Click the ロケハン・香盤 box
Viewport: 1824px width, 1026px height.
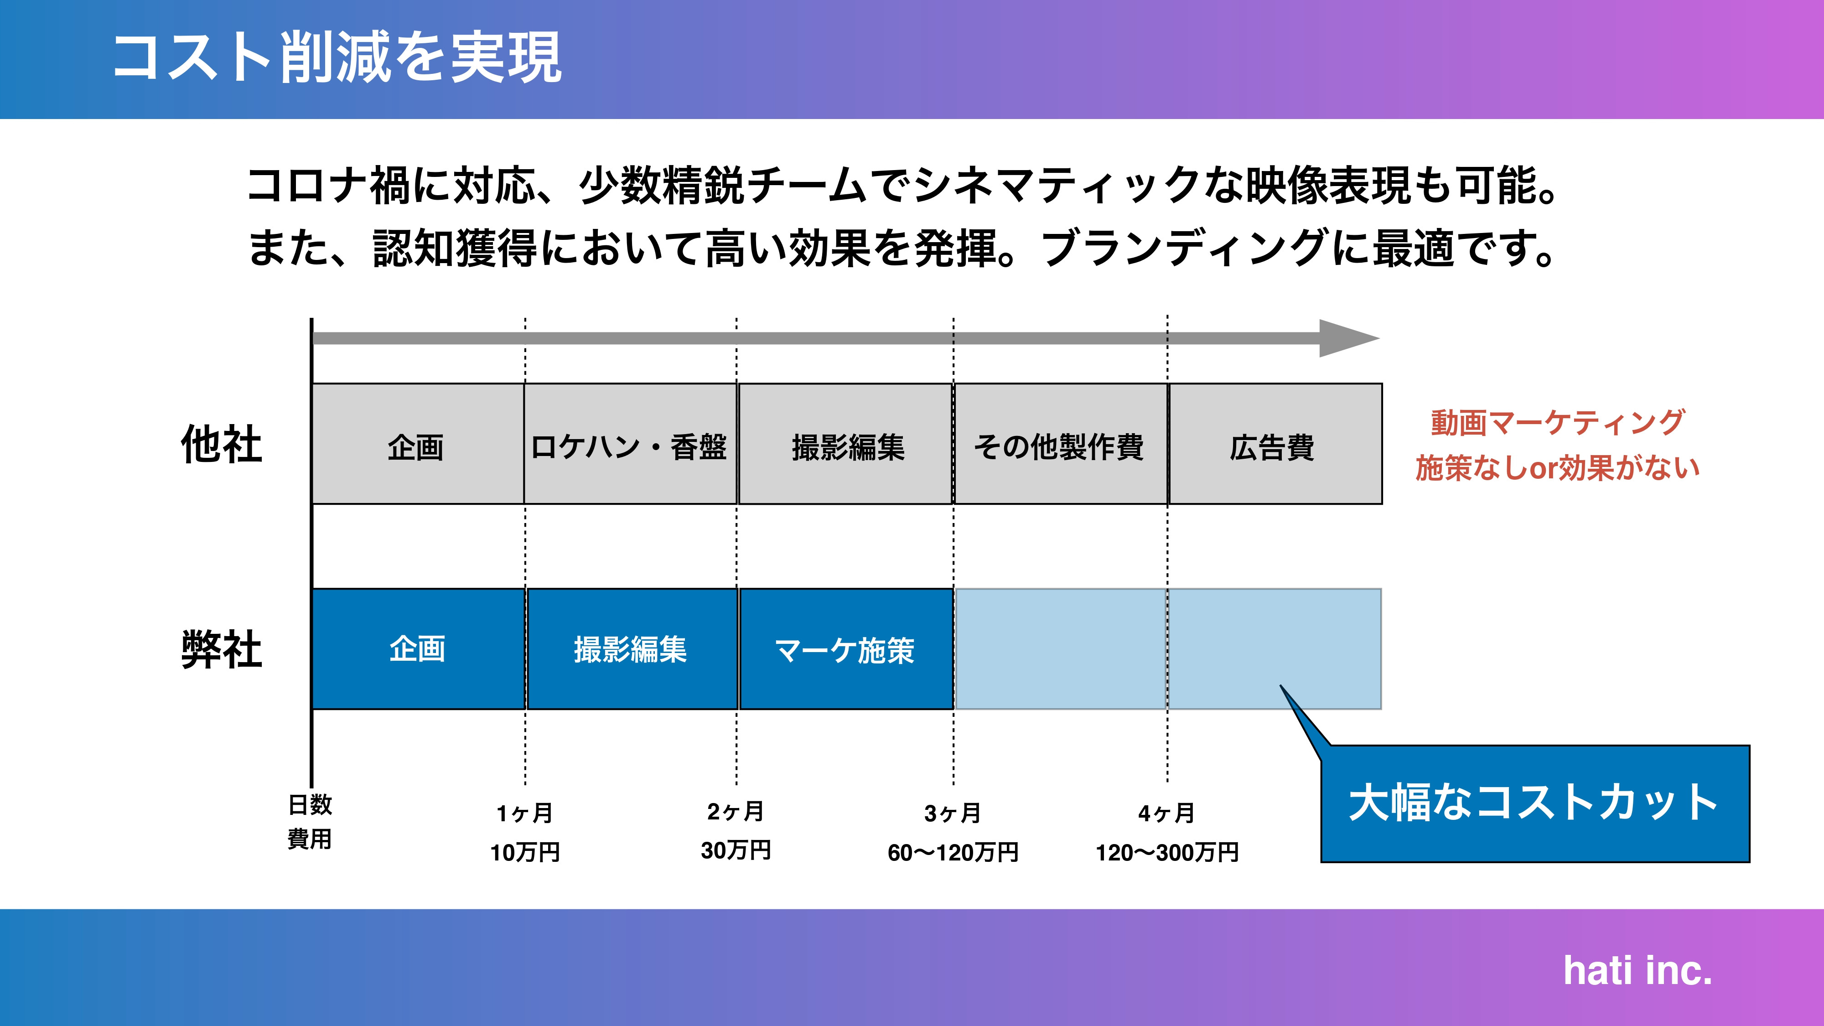click(629, 445)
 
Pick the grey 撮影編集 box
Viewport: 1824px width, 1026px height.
click(846, 445)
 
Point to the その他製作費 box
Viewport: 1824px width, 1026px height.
click(1059, 445)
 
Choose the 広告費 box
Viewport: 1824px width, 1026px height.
click(1274, 445)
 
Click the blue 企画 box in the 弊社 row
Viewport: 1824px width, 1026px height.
click(418, 648)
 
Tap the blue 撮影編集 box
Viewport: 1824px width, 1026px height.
click(631, 648)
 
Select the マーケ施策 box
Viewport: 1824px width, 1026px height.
click(845, 648)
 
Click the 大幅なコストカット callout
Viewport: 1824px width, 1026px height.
click(1534, 803)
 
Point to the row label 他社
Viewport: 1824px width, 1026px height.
click(222, 445)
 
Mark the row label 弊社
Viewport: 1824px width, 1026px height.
click(222, 648)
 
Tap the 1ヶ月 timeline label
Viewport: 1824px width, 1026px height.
click(525, 813)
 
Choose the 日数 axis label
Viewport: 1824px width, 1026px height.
click(310, 804)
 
